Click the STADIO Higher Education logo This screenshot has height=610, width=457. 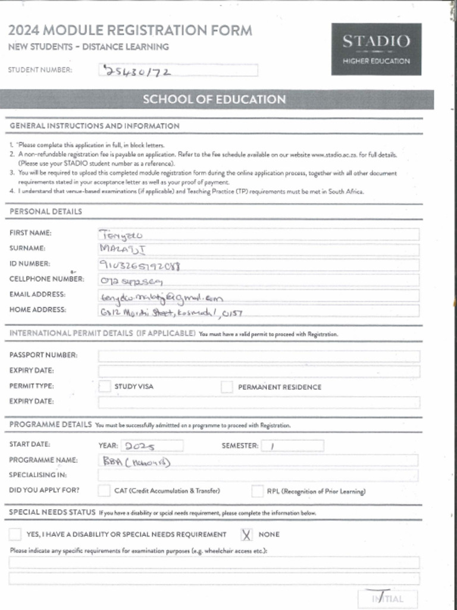376,49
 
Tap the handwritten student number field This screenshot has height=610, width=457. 178,71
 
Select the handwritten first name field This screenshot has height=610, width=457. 258,234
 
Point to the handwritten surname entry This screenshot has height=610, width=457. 258,250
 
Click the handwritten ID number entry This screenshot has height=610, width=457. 258,265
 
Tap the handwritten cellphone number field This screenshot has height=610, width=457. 258,281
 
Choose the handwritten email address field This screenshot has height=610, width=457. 258,296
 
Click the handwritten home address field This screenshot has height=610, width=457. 258,311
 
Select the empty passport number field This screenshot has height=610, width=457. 258,356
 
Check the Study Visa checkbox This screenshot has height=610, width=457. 105,387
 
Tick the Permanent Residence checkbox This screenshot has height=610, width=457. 227,387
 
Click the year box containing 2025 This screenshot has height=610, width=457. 152,446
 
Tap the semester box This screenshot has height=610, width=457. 292,446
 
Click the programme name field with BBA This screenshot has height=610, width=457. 258,460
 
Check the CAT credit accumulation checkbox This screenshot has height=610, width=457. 104,491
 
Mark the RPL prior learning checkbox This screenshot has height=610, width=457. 257,491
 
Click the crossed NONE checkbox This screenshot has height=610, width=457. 246,534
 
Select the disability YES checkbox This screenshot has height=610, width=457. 15,534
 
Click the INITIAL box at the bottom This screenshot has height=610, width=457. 387,599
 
